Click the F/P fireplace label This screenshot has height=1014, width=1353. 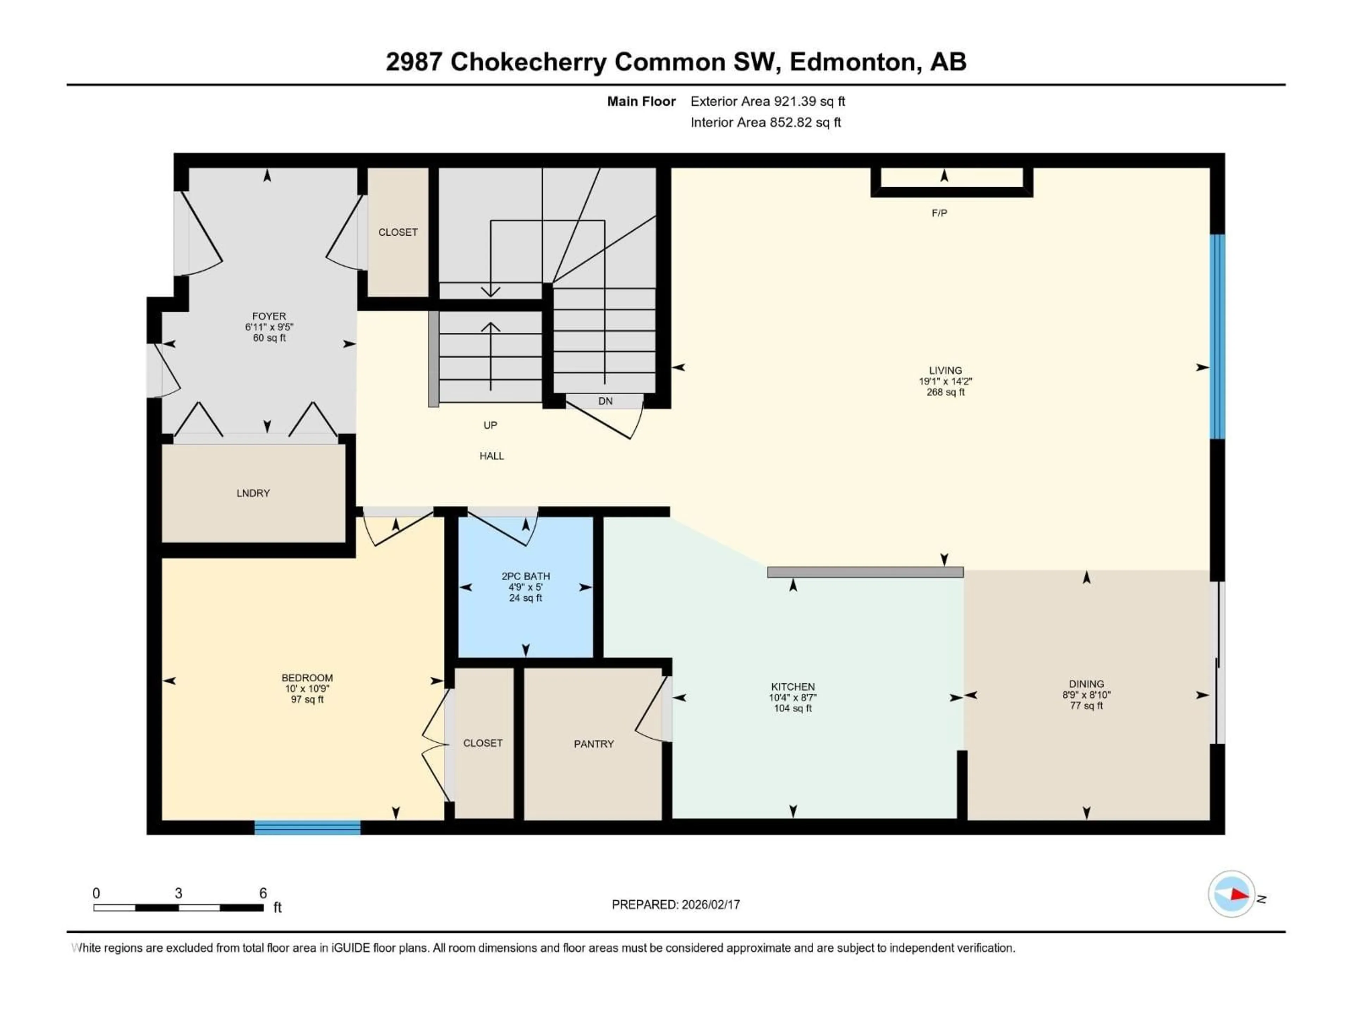pyautogui.click(x=939, y=213)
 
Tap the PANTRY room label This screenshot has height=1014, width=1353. pyautogui.click(x=593, y=744)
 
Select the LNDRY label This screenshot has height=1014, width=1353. pyautogui.click(x=253, y=493)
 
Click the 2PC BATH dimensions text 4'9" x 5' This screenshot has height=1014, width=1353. pyautogui.click(x=525, y=587)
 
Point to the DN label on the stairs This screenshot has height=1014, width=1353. pyautogui.click(x=605, y=401)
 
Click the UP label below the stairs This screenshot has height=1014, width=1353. pyautogui.click(x=490, y=425)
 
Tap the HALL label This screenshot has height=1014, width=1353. pyautogui.click(x=491, y=456)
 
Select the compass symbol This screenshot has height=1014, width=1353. pyautogui.click(x=1231, y=894)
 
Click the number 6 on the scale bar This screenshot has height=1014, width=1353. pyautogui.click(x=263, y=893)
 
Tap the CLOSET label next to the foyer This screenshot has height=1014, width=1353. pyautogui.click(x=397, y=232)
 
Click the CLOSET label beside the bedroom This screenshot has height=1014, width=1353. pyautogui.click(x=483, y=743)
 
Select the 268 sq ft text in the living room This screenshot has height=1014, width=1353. pyautogui.click(x=945, y=392)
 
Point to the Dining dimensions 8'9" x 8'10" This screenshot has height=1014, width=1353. pyautogui.click(x=1086, y=695)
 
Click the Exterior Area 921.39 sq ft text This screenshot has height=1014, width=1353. pyautogui.click(x=768, y=101)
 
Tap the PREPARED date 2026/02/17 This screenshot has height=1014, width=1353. pyautogui.click(x=710, y=905)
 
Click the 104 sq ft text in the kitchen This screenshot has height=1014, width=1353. pyautogui.click(x=793, y=708)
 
